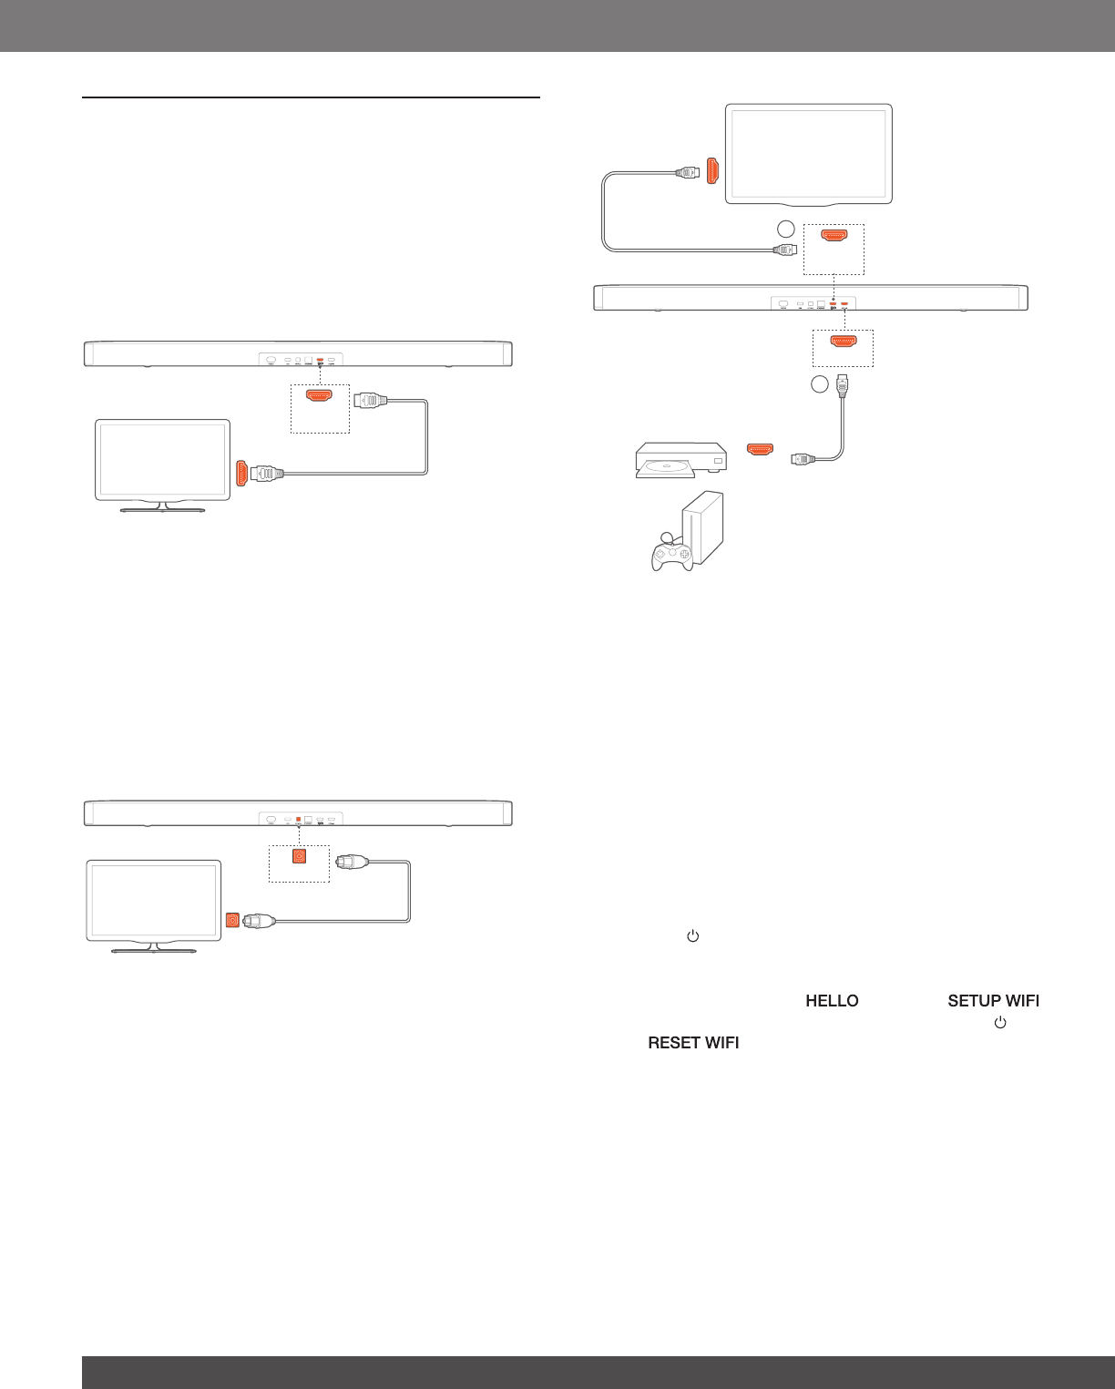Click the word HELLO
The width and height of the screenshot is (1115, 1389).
tap(832, 1001)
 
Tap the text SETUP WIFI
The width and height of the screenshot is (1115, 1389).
tap(993, 1001)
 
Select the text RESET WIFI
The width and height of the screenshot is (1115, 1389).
tap(693, 1043)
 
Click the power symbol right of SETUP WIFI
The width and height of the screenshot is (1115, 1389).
tap(1000, 1023)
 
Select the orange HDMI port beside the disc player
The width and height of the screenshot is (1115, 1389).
tap(760, 449)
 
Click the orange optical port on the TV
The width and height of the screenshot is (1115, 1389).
tap(232, 921)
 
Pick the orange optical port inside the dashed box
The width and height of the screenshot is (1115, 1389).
tap(299, 857)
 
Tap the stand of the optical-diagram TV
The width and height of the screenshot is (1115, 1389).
tap(154, 948)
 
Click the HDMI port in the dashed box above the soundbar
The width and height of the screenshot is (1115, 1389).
tap(834, 235)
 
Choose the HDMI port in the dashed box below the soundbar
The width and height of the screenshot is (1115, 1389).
tap(843, 342)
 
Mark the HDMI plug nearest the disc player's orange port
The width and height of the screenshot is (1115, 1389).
tap(803, 459)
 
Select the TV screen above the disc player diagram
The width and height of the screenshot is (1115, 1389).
tap(808, 152)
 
